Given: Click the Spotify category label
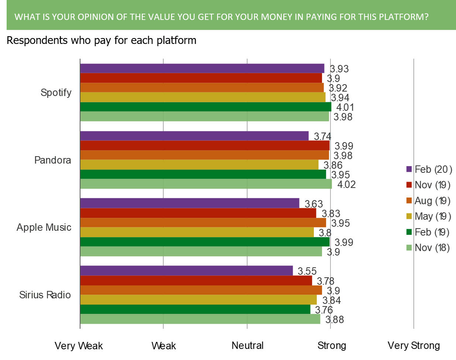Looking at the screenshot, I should [56, 92].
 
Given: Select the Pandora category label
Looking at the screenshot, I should [53, 160].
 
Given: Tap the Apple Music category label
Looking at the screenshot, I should [44, 227].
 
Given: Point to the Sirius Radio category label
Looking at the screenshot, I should [45, 295].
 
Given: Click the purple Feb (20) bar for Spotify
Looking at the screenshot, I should [202, 68].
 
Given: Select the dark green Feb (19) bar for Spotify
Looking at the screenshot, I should [206, 107].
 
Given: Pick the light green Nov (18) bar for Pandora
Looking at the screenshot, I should [206, 184].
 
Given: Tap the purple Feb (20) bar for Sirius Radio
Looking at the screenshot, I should [186, 270].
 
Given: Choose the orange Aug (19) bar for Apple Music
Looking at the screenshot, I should [203, 223].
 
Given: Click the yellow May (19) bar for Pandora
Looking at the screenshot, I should [199, 165].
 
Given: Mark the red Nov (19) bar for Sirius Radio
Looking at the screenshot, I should [196, 280].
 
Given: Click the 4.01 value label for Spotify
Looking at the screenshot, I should [345, 107].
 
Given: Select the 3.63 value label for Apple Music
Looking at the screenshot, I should [314, 204].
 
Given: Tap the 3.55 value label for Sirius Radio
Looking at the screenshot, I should [307, 271].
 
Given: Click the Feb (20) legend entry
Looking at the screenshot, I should [429, 169].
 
